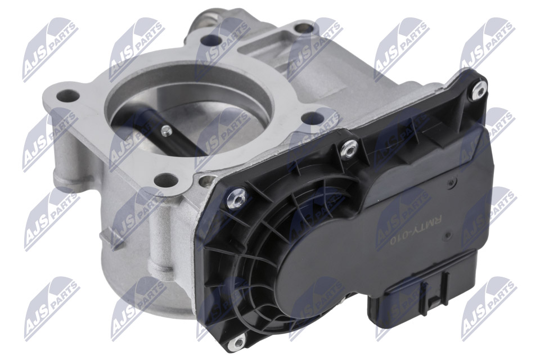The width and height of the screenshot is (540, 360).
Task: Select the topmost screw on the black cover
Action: pyautogui.click(x=479, y=90)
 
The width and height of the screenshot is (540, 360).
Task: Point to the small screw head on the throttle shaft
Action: pyautogui.click(x=166, y=130)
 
